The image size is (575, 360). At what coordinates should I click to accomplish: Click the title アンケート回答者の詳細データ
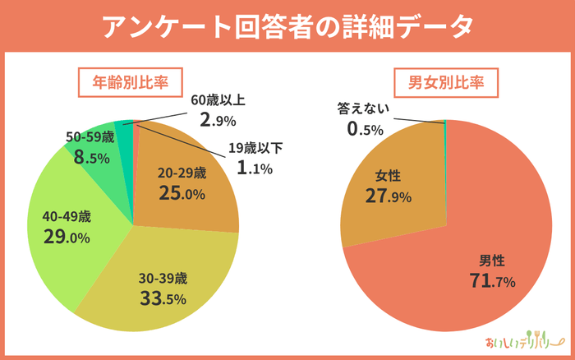[x=287, y=25]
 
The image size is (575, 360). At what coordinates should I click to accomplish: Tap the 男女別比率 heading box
[x=445, y=82]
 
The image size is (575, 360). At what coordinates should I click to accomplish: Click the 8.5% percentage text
[x=91, y=157]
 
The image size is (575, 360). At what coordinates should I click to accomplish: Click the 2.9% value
[x=217, y=120]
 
